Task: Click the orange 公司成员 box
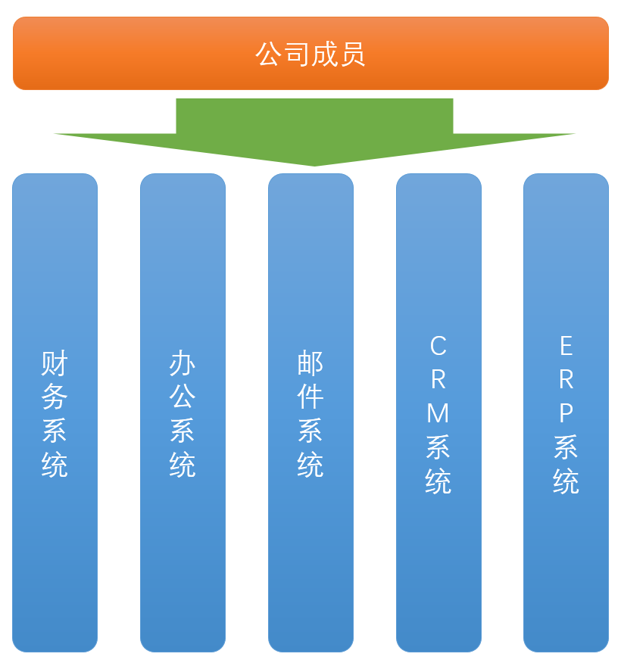[x=310, y=53]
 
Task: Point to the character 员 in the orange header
[x=353, y=54]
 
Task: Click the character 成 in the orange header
[x=325, y=54]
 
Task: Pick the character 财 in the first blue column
[x=55, y=364]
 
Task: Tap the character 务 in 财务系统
[x=55, y=397]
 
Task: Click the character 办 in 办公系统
[x=183, y=364]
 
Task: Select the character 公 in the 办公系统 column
[x=183, y=397]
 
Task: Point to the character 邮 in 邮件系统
[x=310, y=364]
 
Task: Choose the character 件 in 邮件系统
[x=310, y=397]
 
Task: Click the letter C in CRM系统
[x=438, y=347]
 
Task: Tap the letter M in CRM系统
[x=438, y=413]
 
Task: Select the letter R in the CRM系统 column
[x=438, y=380]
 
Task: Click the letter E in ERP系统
[x=566, y=347]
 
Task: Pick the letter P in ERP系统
[x=566, y=413]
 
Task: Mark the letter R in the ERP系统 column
[x=566, y=380]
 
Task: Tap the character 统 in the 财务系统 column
[x=55, y=464]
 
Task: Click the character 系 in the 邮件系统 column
[x=310, y=431]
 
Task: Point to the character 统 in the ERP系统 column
[x=566, y=481]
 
